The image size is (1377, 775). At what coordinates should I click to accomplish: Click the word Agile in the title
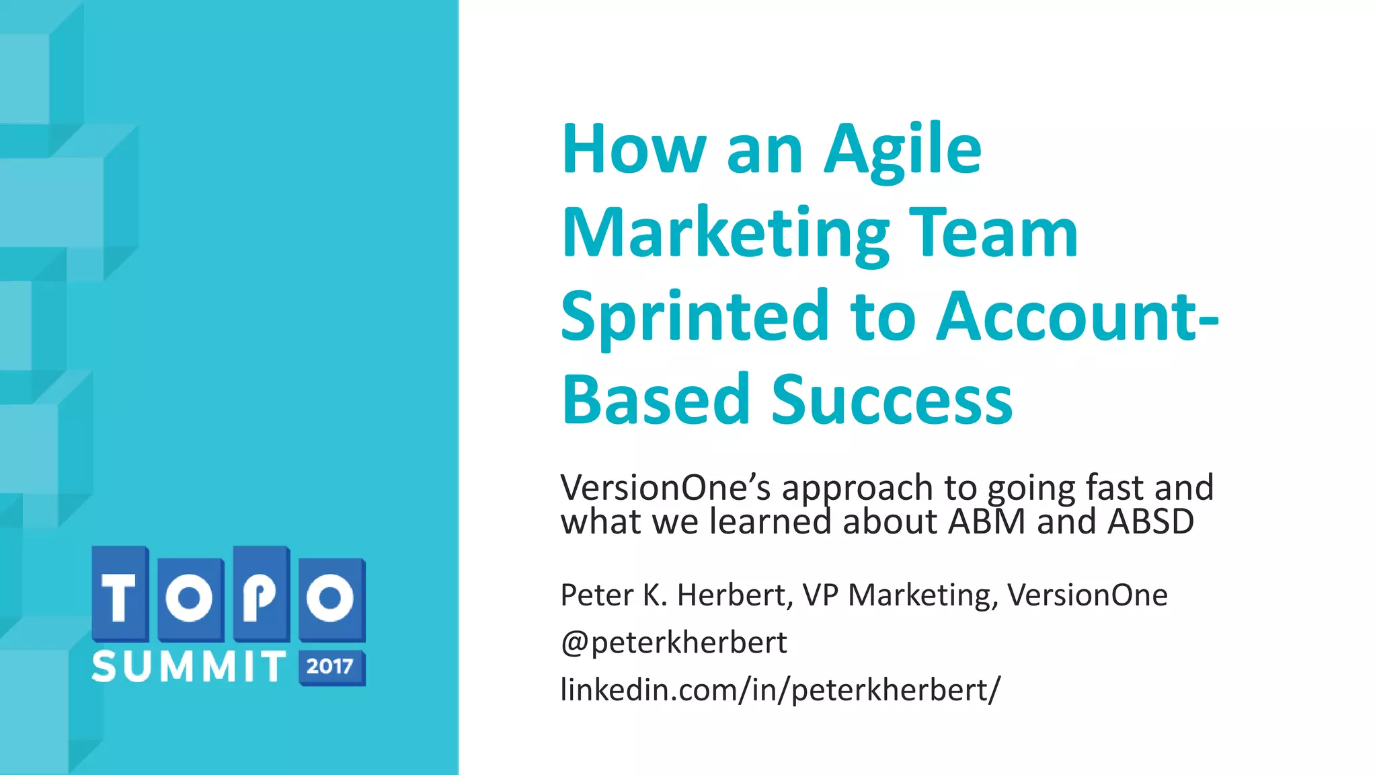pyautogui.click(x=902, y=151)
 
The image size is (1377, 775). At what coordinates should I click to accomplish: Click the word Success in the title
pyautogui.click(x=892, y=400)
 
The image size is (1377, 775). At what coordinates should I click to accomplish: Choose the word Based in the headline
pyautogui.click(x=656, y=400)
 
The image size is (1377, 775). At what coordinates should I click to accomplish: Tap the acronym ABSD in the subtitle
pyautogui.click(x=1150, y=522)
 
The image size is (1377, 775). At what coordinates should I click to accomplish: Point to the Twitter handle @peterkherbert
pyautogui.click(x=673, y=642)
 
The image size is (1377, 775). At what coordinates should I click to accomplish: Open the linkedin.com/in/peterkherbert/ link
pyautogui.click(x=780, y=690)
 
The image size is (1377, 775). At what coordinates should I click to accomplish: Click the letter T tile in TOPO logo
pyautogui.click(x=120, y=595)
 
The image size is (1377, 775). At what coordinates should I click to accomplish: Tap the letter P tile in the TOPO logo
pyautogui.click(x=261, y=595)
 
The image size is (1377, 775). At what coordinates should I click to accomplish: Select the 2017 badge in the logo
pyautogui.click(x=331, y=667)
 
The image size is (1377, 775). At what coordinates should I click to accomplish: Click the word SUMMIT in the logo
pyautogui.click(x=189, y=667)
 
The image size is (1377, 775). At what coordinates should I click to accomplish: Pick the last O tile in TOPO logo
pyautogui.click(x=331, y=597)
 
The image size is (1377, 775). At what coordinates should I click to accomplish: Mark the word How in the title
pyautogui.click(x=633, y=151)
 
